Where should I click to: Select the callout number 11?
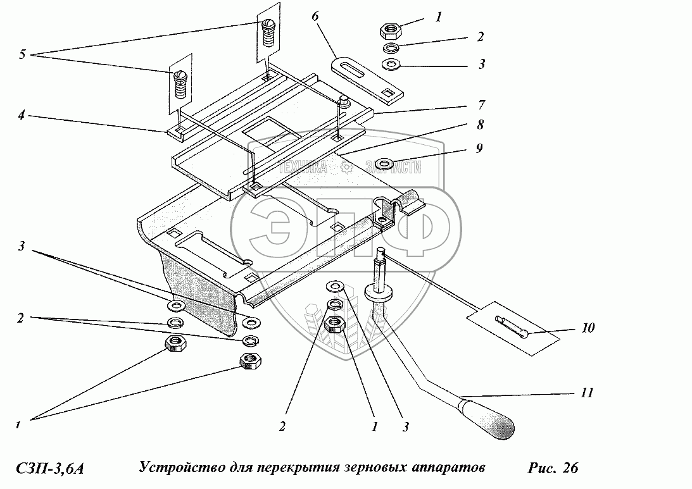[586, 393]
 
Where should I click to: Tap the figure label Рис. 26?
[552, 469]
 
